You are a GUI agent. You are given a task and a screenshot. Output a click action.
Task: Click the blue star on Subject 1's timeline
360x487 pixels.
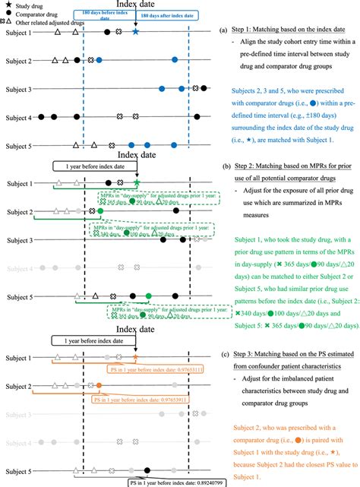[134, 32]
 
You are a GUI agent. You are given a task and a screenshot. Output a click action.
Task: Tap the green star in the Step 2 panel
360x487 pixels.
[134, 182]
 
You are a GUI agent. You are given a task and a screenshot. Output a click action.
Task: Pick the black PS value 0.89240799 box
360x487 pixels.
[159, 481]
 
